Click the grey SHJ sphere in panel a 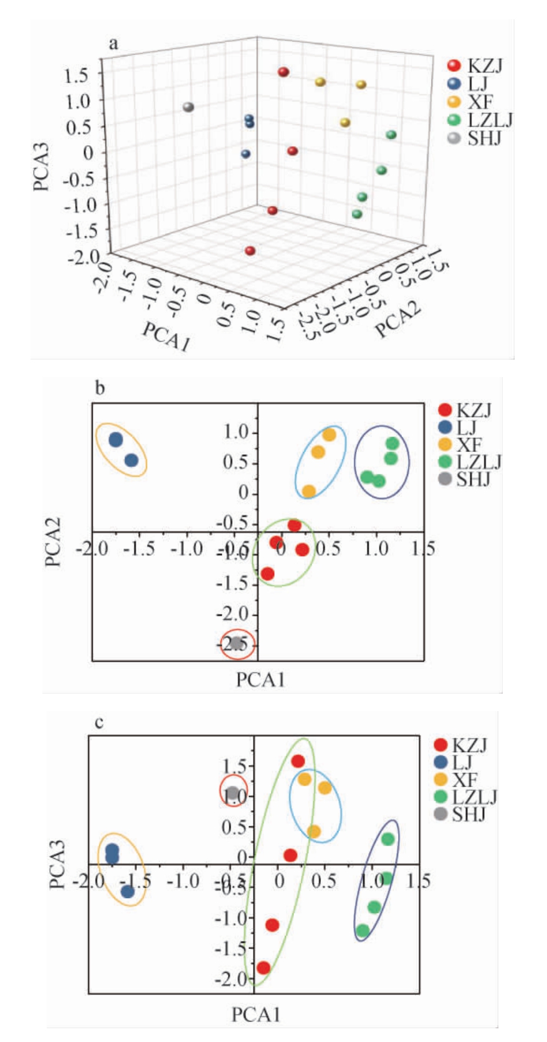pyautogui.click(x=188, y=107)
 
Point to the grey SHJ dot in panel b pyautogui.click(x=236, y=643)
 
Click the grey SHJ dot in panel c pyautogui.click(x=233, y=793)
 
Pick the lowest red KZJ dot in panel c pyautogui.click(x=263, y=968)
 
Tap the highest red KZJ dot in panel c pyautogui.click(x=298, y=761)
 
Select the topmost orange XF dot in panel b pyautogui.click(x=329, y=435)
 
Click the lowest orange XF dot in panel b pyautogui.click(x=308, y=491)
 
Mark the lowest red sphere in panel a pyautogui.click(x=250, y=251)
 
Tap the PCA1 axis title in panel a pyautogui.click(x=166, y=337)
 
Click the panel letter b pyautogui.click(x=100, y=389)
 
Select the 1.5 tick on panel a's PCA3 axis pyautogui.click(x=78, y=74)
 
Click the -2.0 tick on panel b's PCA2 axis pyautogui.click(x=232, y=614)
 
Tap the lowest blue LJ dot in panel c pyautogui.click(x=128, y=892)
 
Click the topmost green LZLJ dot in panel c pyautogui.click(x=388, y=839)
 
